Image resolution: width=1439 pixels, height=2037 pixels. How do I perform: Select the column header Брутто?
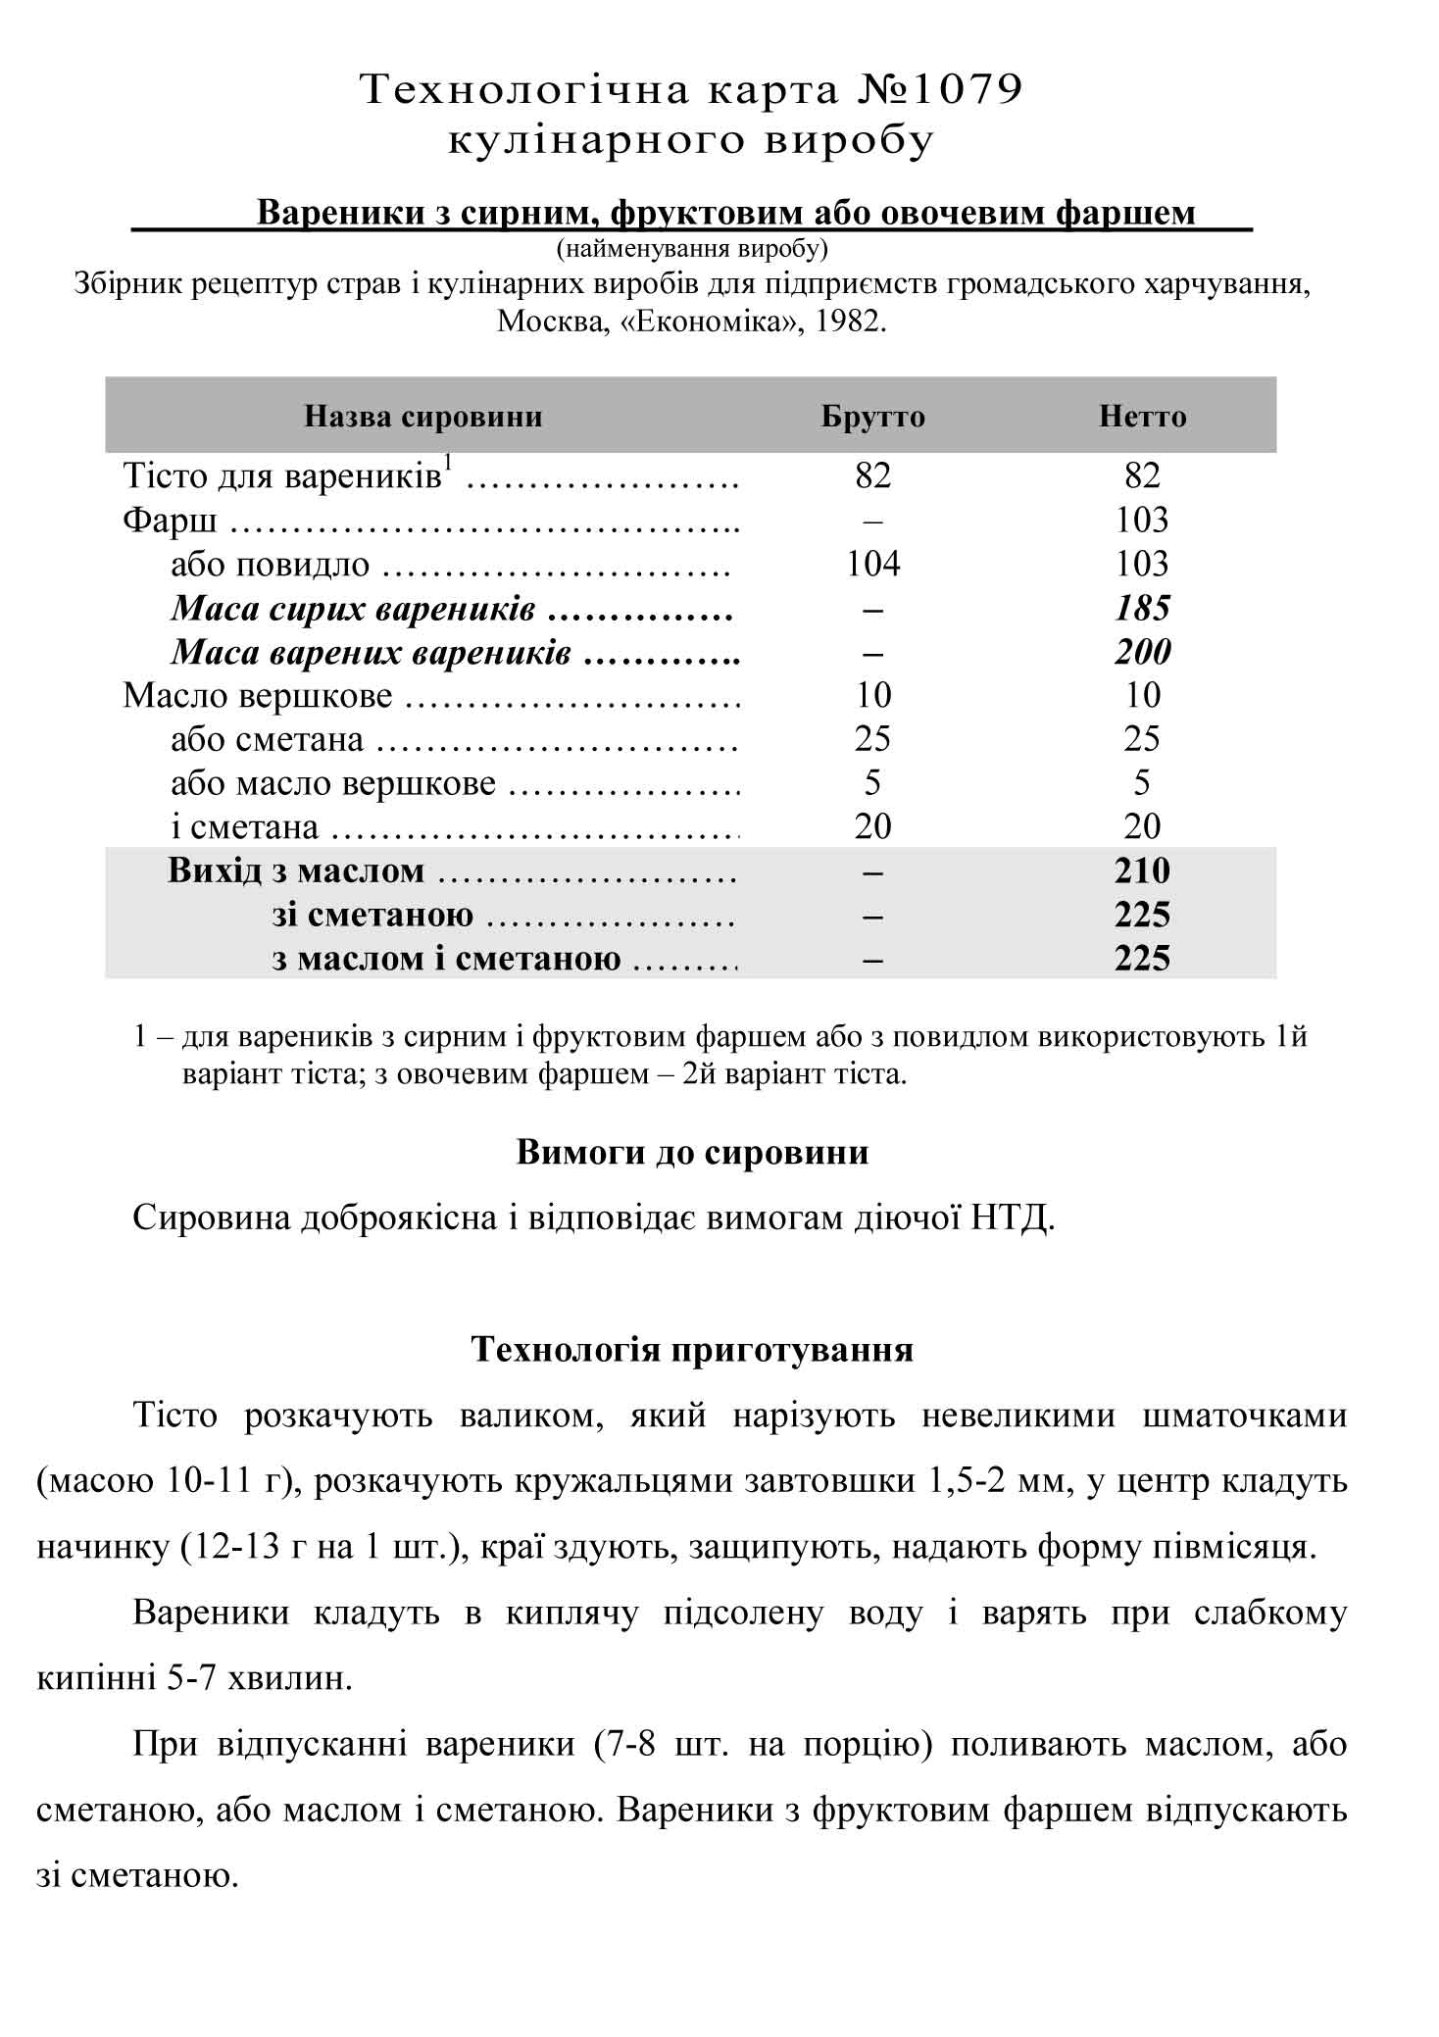(872, 417)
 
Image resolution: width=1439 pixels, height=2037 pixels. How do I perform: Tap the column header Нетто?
(1142, 417)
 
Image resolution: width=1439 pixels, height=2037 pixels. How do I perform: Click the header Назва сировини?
(422, 417)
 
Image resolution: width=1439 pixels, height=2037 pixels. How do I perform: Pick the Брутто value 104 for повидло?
(872, 564)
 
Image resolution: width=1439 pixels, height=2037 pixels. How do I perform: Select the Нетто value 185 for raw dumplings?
(1142, 608)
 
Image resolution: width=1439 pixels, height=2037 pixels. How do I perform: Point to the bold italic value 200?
(1142, 652)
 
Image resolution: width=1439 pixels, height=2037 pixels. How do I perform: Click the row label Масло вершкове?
(257, 696)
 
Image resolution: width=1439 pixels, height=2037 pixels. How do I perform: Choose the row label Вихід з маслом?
(296, 871)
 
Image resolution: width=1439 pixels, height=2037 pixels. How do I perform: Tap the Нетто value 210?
(1142, 871)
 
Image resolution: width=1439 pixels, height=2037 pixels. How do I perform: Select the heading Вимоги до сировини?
(692, 1152)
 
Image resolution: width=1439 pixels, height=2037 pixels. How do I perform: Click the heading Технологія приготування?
(692, 1350)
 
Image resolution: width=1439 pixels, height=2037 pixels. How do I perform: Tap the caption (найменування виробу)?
(692, 249)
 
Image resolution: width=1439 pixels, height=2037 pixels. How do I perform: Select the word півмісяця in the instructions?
(1230, 1548)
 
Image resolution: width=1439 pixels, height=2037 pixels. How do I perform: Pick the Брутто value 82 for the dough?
(872, 476)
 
